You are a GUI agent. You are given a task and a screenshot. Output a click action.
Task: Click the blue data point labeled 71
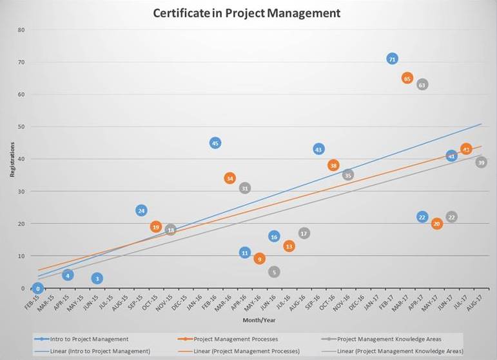tap(392, 59)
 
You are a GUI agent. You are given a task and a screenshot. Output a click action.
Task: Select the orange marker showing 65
tap(407, 78)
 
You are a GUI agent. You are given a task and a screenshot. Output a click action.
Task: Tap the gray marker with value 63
tap(422, 85)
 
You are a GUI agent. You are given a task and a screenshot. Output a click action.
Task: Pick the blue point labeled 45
tap(215, 143)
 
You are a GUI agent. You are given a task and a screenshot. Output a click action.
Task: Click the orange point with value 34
tap(230, 178)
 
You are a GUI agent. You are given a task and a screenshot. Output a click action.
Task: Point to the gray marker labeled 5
tap(274, 272)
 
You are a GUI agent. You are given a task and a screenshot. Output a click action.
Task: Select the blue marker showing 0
tap(38, 288)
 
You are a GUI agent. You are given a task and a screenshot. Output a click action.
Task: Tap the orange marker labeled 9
tap(260, 259)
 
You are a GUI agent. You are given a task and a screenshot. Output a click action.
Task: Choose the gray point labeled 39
tap(481, 163)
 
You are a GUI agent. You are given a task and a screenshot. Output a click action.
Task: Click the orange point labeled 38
tap(333, 165)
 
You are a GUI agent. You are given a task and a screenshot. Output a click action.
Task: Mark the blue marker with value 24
tap(141, 210)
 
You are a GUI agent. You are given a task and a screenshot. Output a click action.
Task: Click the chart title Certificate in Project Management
tap(247, 13)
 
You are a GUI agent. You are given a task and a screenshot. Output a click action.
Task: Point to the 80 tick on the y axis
tap(21, 30)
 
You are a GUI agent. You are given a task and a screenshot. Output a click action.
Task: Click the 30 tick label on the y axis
tap(21, 192)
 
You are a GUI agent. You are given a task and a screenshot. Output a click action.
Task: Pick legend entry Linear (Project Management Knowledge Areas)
tap(400, 350)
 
